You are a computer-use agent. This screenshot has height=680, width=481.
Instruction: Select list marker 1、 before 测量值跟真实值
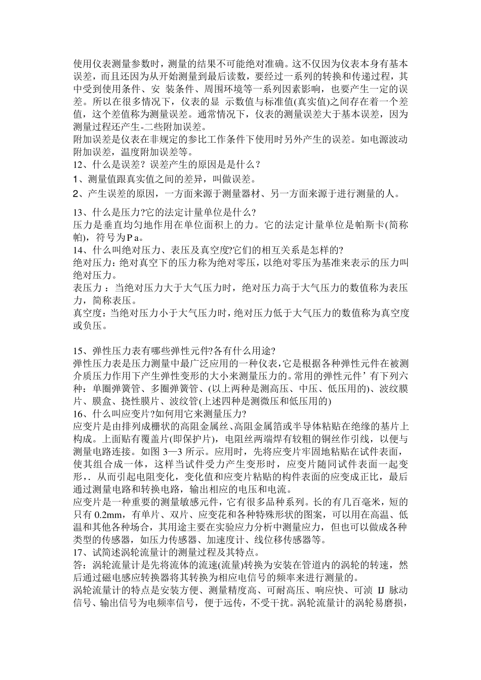(78, 179)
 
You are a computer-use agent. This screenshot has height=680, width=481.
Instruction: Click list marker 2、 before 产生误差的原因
(78, 193)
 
